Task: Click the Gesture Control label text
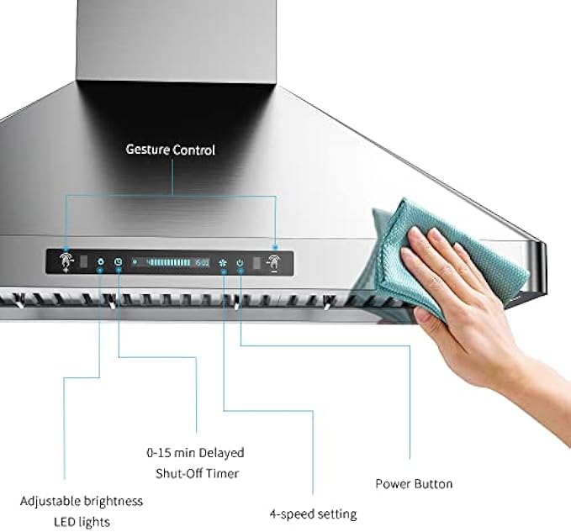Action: [x=170, y=150]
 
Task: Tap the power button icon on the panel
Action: [x=241, y=262]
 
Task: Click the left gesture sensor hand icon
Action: [x=66, y=261]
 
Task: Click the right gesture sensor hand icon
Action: [x=274, y=261]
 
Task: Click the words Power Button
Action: [x=414, y=484]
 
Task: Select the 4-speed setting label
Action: [x=313, y=514]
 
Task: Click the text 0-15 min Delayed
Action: [x=195, y=452]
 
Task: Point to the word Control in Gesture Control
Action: [x=195, y=150]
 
